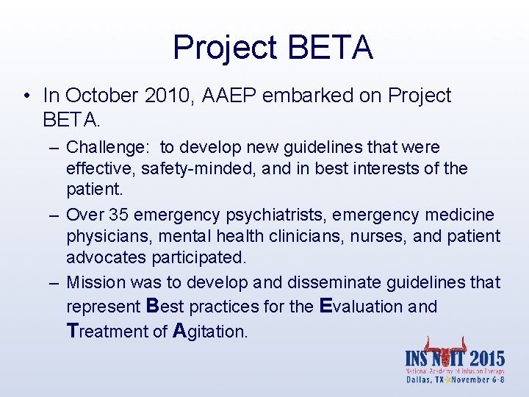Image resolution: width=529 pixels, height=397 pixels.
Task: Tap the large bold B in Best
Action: tap(153, 305)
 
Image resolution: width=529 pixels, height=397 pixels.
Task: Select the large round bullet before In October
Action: tap(26, 96)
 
